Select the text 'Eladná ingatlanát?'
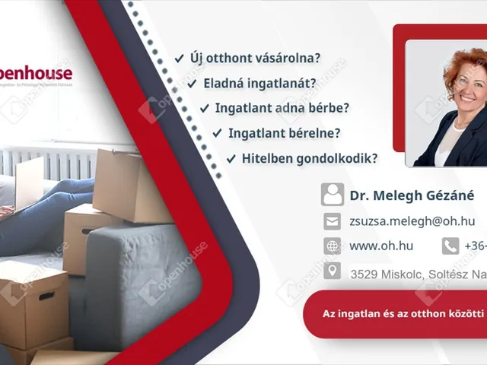pos(259,83)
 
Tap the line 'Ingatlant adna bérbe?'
pos(282,108)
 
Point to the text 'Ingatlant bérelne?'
pos(285,133)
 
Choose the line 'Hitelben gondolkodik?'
pos(309,158)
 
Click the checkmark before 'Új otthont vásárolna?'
pos(179,58)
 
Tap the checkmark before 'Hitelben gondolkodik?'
pos(231,158)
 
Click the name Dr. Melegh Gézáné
pos(412,195)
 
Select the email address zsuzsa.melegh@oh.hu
pos(412,221)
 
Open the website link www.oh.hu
pos(381,246)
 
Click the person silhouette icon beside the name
pos(332,195)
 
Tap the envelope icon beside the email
pos(332,221)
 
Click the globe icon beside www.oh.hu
pos(332,246)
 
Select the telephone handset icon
pos(450,246)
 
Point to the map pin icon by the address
pos(332,271)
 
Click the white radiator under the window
pos(46,161)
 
